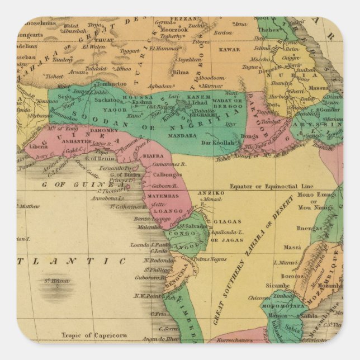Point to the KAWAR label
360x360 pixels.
pos(229,49)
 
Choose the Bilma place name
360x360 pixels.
pos(182,73)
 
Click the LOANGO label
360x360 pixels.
pos(168,211)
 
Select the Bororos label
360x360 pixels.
pos(292,276)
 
